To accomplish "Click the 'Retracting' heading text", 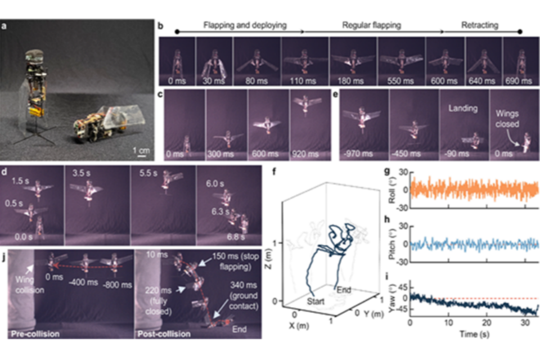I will click(480, 25).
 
